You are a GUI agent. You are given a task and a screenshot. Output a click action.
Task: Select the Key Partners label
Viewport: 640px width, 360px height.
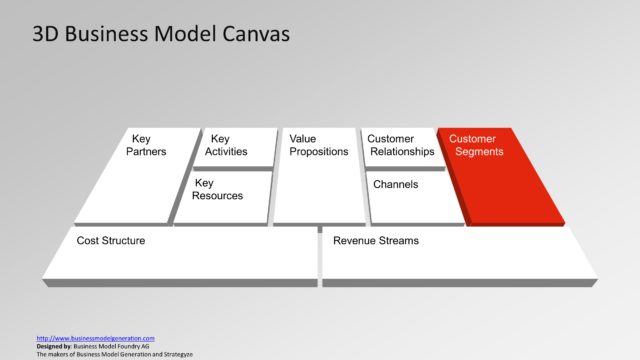(146, 145)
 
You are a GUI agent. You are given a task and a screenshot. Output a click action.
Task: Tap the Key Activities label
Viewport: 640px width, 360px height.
(226, 145)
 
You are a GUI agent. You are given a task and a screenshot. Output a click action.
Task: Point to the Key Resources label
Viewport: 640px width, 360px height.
(218, 189)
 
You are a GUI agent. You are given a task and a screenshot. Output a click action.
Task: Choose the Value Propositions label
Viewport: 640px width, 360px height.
(318, 145)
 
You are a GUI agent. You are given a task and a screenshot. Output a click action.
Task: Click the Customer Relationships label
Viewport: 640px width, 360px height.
(400, 145)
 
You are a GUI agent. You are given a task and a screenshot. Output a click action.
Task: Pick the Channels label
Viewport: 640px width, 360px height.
(395, 185)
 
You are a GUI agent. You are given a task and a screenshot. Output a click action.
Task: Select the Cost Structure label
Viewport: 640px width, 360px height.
(111, 241)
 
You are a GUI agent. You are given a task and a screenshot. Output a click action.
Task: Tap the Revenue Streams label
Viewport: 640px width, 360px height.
(376, 241)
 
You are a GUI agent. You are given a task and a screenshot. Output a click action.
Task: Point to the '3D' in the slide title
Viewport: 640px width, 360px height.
(45, 35)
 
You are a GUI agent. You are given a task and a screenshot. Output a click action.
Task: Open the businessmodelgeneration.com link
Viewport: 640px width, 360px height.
(95, 338)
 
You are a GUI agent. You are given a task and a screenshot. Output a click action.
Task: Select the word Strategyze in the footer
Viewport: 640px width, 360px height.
(174, 354)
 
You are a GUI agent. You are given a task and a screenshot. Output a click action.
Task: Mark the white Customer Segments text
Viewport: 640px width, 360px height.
(476, 145)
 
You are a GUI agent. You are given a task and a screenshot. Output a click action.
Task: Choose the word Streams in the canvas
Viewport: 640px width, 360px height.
(398, 241)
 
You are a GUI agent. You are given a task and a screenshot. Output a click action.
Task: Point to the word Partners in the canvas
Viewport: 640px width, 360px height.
(146, 152)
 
